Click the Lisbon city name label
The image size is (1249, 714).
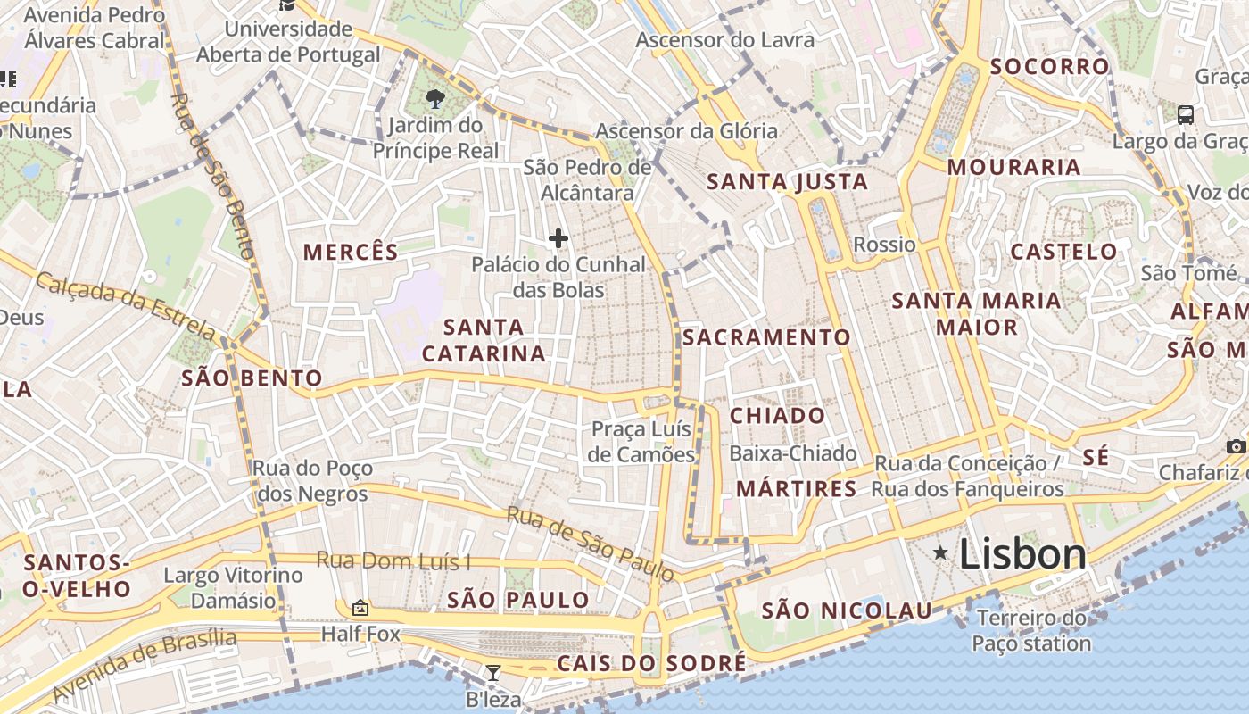click(1022, 554)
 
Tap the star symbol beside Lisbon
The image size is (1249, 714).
click(940, 553)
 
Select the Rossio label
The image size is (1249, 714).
click(884, 245)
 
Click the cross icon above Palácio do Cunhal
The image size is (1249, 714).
click(558, 238)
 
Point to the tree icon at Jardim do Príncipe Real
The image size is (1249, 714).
click(435, 98)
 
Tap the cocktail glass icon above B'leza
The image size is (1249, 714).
click(492, 672)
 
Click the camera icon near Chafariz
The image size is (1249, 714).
click(1236, 446)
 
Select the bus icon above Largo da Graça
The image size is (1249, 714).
click(1186, 114)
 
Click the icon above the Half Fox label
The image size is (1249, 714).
click(360, 608)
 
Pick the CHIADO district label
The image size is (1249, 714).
click(777, 416)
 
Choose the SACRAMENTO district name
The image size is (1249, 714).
click(766, 337)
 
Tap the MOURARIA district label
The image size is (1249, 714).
click(1013, 167)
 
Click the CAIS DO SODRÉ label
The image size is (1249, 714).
click(651, 663)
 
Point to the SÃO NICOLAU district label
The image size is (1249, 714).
click(846, 611)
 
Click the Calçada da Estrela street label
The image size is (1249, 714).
click(125, 306)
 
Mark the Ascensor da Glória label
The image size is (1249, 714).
click(686, 131)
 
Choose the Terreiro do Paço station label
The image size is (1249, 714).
click(1031, 631)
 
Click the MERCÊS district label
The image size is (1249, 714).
click(351, 252)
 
